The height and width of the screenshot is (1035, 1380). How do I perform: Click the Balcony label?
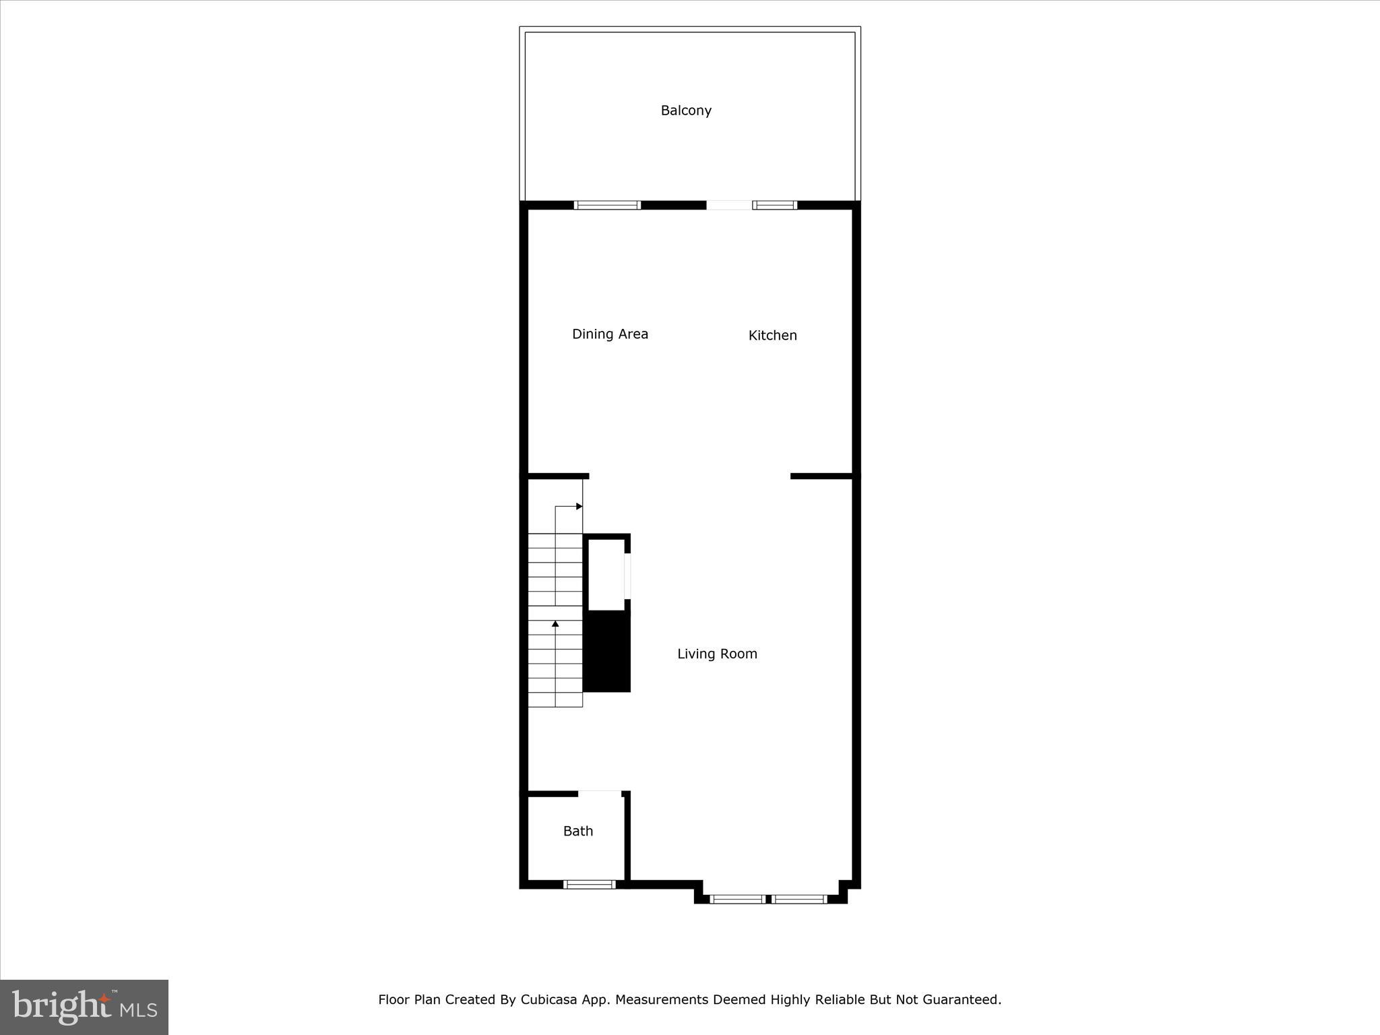point(686,111)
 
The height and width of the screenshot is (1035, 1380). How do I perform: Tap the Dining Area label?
point(610,334)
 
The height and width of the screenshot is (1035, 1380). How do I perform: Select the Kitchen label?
point(772,336)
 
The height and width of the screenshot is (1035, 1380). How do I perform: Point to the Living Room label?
point(717,654)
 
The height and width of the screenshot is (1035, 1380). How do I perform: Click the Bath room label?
point(577,832)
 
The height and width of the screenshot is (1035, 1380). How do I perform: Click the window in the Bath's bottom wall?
point(590,884)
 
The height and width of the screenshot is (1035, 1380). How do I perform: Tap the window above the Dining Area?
point(607,206)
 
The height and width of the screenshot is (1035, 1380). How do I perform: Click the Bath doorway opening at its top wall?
point(600,794)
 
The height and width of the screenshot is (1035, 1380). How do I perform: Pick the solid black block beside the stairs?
point(606,651)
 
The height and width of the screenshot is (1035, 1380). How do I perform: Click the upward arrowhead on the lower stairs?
point(555,625)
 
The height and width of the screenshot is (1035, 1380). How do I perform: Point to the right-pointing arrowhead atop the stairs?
point(579,506)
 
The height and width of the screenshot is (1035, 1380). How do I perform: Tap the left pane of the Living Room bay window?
point(737,899)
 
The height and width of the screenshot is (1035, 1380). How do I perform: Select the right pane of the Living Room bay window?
point(799,899)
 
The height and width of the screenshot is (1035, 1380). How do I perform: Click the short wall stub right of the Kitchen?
point(821,476)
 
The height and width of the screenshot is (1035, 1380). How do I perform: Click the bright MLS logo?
point(84,1007)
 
